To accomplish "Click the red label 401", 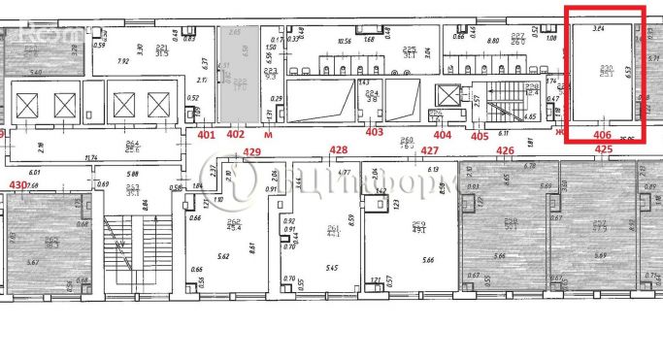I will (x=206, y=135).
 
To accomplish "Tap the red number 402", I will (x=235, y=135).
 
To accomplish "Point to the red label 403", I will (x=374, y=132).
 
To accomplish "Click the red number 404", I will (x=443, y=135).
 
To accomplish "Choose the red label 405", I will (x=480, y=136).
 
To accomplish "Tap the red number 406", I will (x=602, y=135).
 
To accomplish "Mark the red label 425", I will (x=603, y=149).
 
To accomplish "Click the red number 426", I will (x=505, y=150).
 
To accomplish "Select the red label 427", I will (x=431, y=150).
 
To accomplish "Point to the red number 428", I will (x=338, y=150).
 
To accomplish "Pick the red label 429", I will (x=252, y=152).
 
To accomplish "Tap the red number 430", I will (x=16, y=183).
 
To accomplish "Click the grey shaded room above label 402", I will (x=235, y=74).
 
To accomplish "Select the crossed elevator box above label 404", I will (x=448, y=96).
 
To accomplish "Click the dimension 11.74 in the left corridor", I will (x=93, y=158).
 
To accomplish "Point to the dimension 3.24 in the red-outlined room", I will (x=599, y=30).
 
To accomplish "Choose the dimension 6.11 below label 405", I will (x=504, y=133).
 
